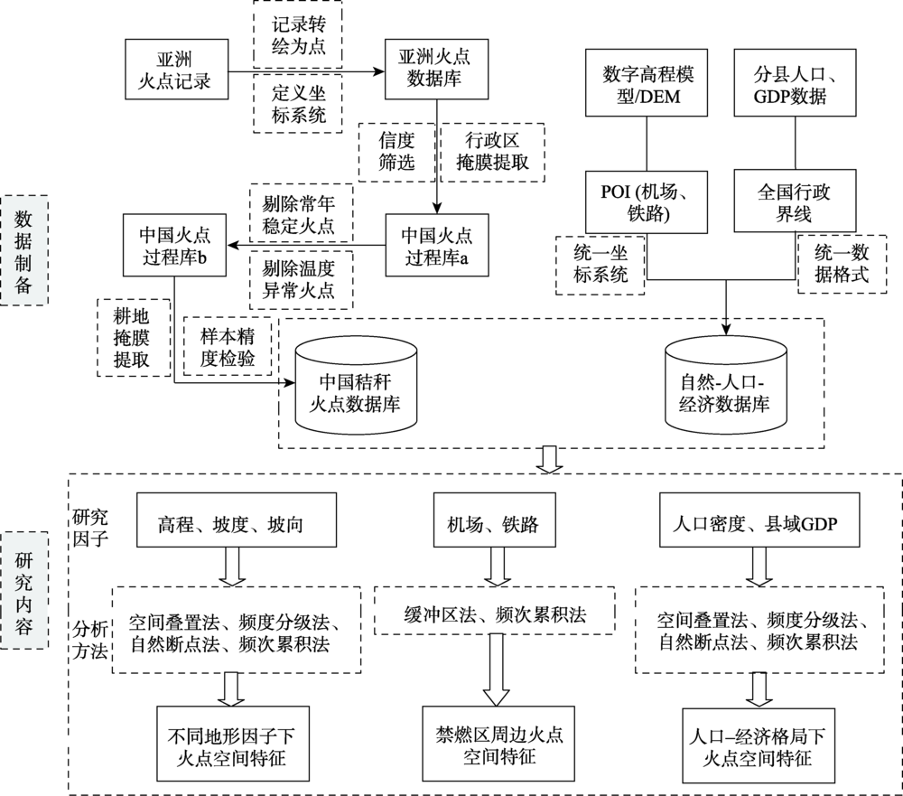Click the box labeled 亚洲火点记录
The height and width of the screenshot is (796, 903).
[177, 70]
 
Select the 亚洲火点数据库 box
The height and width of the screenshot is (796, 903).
[436, 70]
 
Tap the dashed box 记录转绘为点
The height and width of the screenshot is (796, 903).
[298, 34]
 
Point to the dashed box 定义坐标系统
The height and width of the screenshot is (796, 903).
[298, 104]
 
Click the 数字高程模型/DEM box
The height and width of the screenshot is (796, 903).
[647, 82]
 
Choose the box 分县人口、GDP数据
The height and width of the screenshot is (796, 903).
[795, 82]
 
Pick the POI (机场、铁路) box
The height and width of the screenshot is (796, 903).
[647, 201]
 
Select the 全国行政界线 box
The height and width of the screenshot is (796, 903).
[795, 201]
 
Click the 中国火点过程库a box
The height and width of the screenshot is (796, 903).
[436, 245]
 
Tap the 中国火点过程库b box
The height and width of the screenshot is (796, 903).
[174, 245]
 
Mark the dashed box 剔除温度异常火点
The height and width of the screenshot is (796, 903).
[302, 279]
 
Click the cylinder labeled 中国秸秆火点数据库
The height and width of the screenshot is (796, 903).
[356, 385]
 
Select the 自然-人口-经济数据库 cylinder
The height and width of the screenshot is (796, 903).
[726, 385]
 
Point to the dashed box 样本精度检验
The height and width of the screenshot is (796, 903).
[227, 346]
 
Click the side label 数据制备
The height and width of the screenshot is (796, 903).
[23, 250]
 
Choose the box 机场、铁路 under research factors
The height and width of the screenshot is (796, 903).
[495, 520]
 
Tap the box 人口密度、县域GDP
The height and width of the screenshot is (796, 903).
[759, 520]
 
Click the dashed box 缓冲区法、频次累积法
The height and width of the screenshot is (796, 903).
[494, 611]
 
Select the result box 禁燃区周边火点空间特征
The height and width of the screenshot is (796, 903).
[498, 744]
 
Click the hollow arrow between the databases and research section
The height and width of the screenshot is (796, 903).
[550, 459]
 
